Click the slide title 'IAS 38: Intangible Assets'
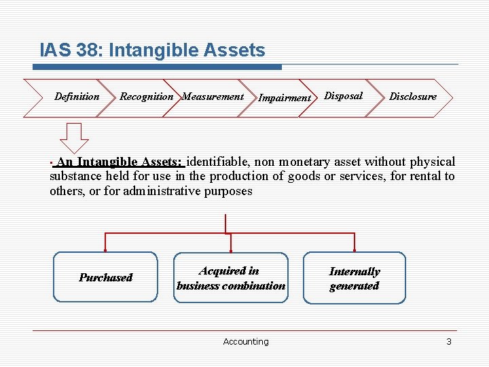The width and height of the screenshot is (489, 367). [152, 50]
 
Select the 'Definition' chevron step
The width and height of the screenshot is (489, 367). [77, 97]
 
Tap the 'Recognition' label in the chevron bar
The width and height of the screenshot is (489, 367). [146, 97]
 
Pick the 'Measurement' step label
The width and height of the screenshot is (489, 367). [213, 97]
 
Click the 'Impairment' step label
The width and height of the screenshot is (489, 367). [285, 98]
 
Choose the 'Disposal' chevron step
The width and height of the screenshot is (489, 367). [343, 96]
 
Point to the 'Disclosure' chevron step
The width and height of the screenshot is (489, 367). [412, 97]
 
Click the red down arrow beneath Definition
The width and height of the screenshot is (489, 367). [75, 138]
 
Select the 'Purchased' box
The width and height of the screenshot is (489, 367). [105, 277]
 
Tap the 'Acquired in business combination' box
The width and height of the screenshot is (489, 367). [231, 278]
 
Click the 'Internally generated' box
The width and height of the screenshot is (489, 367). [354, 278]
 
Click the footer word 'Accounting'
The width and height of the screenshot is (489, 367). [245, 342]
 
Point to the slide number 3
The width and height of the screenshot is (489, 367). [448, 342]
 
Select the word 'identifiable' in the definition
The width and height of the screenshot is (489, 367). [219, 162]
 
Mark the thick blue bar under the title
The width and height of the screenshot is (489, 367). [158, 67]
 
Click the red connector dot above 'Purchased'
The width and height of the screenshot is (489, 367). [105, 233]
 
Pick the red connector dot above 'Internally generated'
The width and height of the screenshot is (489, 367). [354, 233]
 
